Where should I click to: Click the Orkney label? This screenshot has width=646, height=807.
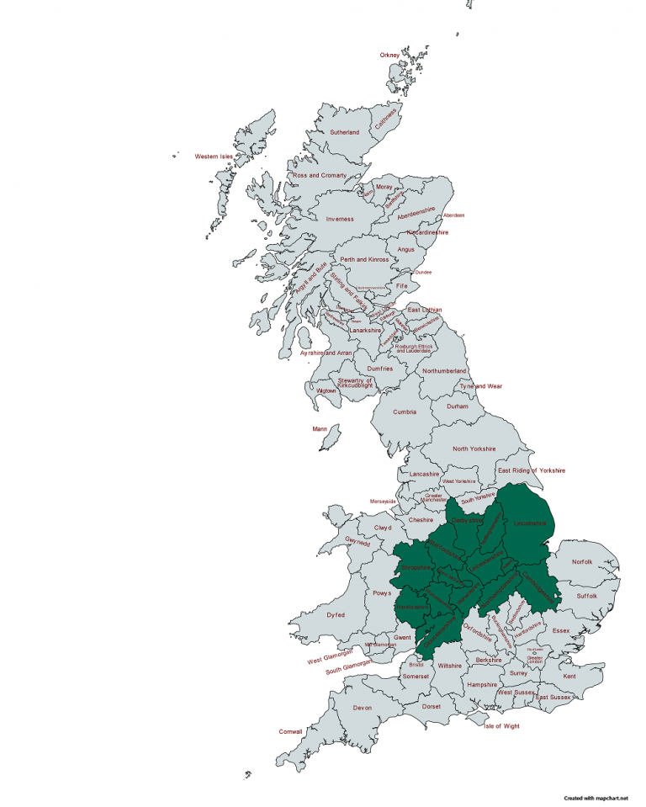pyautogui.click(x=389, y=56)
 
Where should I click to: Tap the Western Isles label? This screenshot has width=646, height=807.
pyautogui.click(x=214, y=157)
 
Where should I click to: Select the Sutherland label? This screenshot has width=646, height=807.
pyautogui.click(x=344, y=133)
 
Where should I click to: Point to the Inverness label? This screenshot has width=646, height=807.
pyautogui.click(x=340, y=219)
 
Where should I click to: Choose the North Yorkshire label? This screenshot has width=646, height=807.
pyautogui.click(x=474, y=449)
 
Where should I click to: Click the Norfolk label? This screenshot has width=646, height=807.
pyautogui.click(x=582, y=562)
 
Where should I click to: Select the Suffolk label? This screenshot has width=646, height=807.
pyautogui.click(x=587, y=596)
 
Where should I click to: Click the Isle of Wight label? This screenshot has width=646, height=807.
pyautogui.click(x=503, y=725)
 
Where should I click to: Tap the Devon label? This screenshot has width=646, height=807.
pyautogui.click(x=362, y=708)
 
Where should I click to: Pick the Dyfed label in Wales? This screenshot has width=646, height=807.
pyautogui.click(x=336, y=615)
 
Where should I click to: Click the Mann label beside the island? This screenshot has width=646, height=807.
pyautogui.click(x=320, y=429)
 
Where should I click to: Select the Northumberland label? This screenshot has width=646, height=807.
pyautogui.click(x=444, y=371)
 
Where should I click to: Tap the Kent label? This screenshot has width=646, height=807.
pyautogui.click(x=570, y=677)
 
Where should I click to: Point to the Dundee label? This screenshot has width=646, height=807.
pyautogui.click(x=423, y=273)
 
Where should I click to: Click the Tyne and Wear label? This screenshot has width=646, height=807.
pyautogui.click(x=481, y=386)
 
